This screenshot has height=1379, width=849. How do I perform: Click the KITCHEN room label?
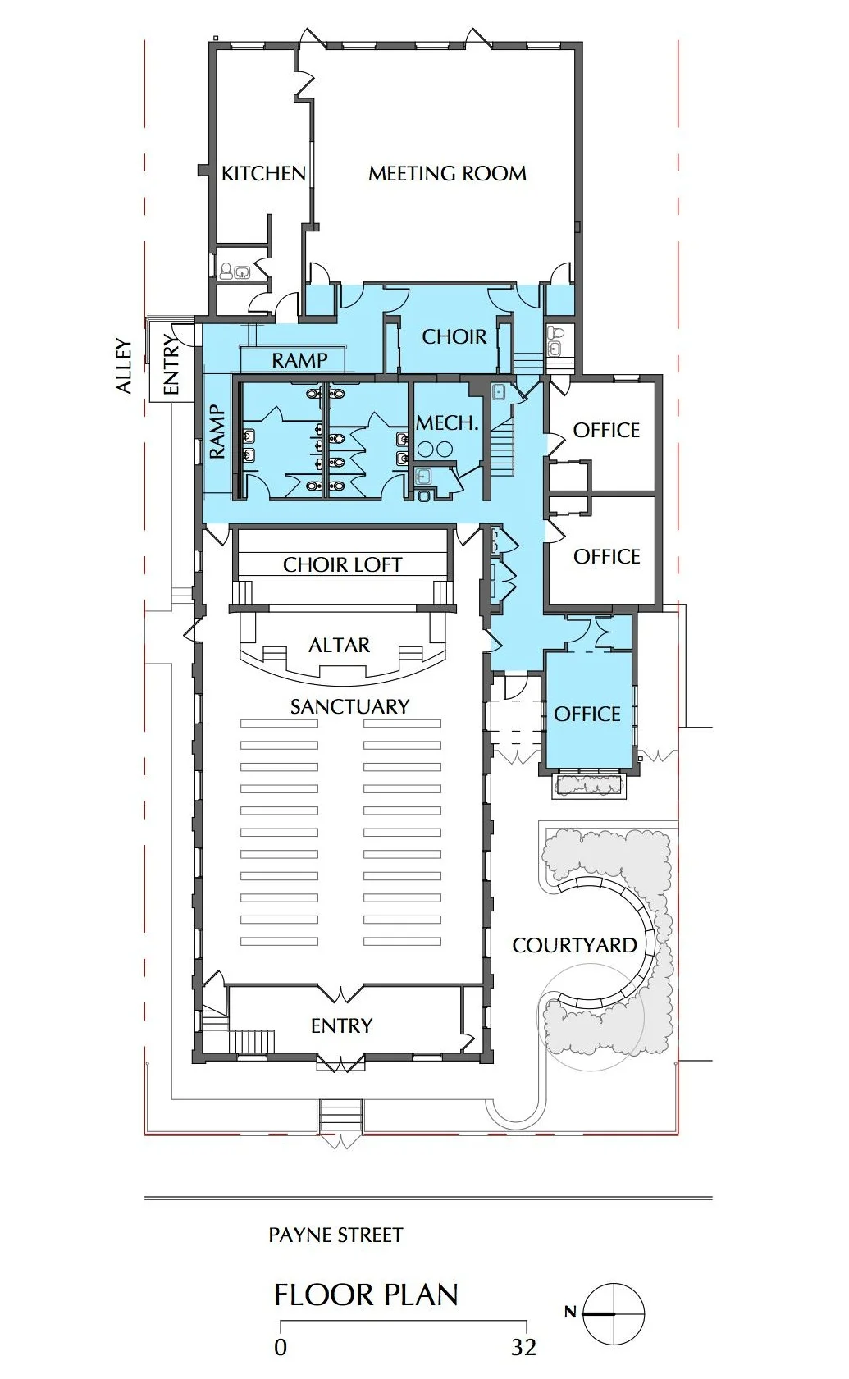[x=263, y=174]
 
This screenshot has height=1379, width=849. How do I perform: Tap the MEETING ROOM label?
[x=448, y=174]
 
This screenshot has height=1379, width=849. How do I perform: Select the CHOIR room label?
[x=454, y=336]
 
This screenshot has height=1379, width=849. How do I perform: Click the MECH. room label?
[x=447, y=423]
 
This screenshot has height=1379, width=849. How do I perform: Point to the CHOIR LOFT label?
[x=342, y=564]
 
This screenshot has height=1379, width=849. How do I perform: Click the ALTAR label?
[x=340, y=645]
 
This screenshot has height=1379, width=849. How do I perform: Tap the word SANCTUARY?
[x=349, y=706]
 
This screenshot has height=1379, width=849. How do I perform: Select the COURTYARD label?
[x=574, y=945]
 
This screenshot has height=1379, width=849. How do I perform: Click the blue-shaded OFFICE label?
[x=587, y=715]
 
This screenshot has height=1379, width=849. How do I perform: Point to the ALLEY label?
[x=125, y=366]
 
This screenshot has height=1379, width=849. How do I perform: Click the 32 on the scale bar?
[x=523, y=1348]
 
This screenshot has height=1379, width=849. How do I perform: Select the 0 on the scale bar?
[x=280, y=1348]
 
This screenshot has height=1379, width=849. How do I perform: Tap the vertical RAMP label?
[x=217, y=432]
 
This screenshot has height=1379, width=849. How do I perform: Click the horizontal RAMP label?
[x=300, y=360]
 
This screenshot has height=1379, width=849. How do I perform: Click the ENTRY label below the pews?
[x=342, y=1025]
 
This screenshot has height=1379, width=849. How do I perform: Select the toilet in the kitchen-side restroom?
[x=226, y=271]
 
